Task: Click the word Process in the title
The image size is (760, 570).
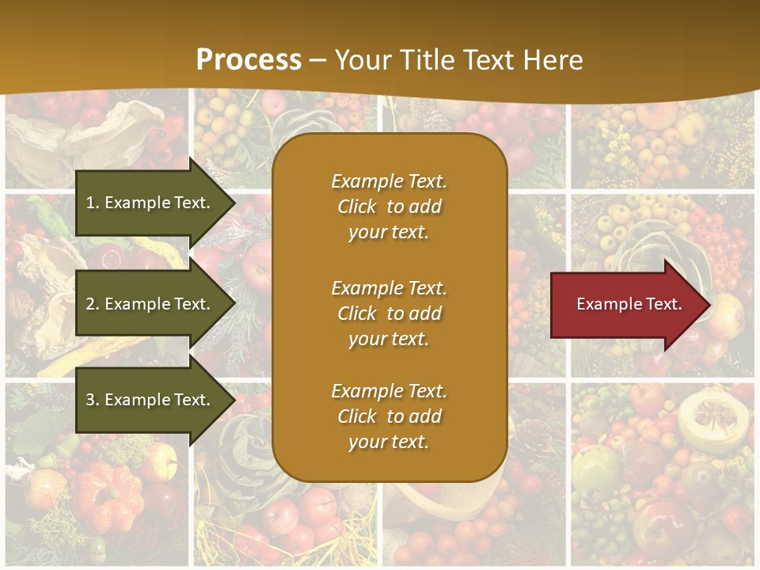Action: (249, 60)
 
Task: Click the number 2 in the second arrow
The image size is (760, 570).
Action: (90, 304)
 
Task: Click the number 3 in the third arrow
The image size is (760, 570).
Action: (90, 400)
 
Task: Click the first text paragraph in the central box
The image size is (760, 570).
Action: (389, 207)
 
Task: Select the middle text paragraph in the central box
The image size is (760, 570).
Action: (389, 313)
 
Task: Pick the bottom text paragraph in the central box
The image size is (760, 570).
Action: (389, 416)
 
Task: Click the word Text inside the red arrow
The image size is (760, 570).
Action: (663, 304)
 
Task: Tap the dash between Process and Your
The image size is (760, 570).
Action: (318, 60)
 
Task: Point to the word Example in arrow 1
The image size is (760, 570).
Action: (139, 203)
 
